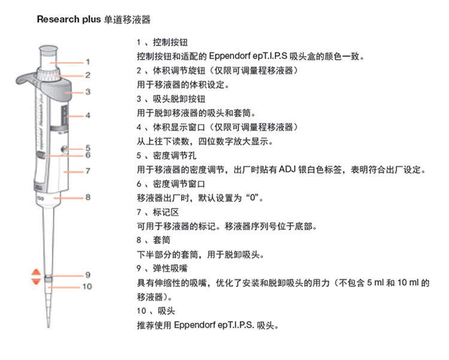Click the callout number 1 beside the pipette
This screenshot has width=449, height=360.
tap(87, 62)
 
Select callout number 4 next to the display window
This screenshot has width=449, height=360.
tap(87, 114)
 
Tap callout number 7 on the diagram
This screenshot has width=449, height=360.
tap(87, 171)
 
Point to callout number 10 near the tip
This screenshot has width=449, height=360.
tap(87, 286)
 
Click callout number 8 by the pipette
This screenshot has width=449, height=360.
tap(87, 196)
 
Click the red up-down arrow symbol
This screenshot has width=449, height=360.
tap(35, 277)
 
